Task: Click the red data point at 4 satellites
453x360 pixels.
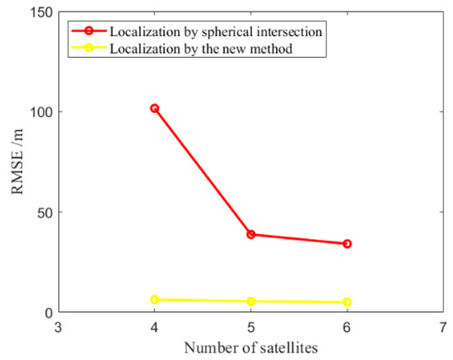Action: click(x=154, y=108)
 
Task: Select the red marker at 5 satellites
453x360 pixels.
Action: click(x=250, y=234)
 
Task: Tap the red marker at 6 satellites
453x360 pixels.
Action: click(x=347, y=244)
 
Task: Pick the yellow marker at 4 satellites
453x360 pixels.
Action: click(x=154, y=300)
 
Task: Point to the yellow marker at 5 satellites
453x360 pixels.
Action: click(x=250, y=302)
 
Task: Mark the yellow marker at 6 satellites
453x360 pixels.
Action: click(x=347, y=302)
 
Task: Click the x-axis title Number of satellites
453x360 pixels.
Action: click(x=250, y=348)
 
